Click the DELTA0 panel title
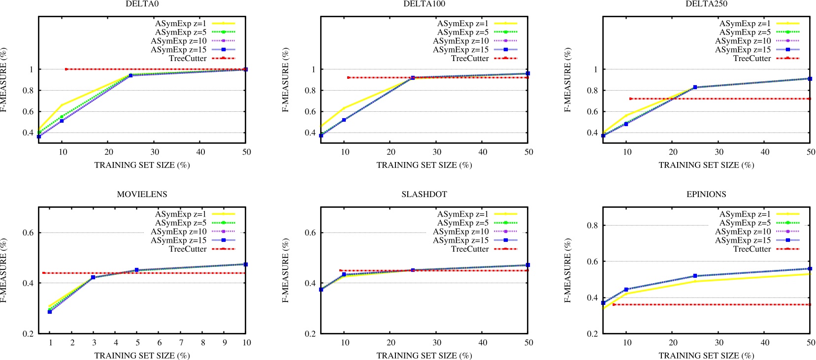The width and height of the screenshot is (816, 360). tap(142, 4)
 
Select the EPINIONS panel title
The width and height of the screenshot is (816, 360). tap(706, 195)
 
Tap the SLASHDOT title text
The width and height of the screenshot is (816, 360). tap(424, 195)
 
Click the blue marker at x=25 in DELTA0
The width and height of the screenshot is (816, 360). tap(131, 75)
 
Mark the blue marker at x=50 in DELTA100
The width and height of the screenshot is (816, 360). tap(528, 73)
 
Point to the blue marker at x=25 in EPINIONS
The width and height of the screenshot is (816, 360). tap(695, 276)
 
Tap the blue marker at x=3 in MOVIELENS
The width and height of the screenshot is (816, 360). tap(93, 277)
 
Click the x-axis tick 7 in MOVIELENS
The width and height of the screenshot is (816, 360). tap(181, 343)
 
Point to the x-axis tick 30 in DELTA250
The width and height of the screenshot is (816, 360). tap(719, 152)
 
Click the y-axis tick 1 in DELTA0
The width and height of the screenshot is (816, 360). tap(31, 69)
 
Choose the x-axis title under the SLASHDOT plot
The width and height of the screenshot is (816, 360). tap(424, 356)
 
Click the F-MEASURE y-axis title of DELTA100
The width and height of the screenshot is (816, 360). tap(286, 80)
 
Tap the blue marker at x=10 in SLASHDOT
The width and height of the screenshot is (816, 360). tap(344, 274)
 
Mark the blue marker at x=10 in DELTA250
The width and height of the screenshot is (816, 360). tap(626, 124)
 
